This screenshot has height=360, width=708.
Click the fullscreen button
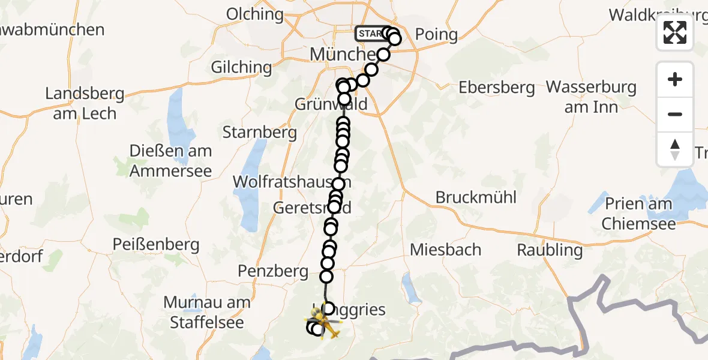point(675,32)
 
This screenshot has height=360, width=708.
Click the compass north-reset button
point(675,149)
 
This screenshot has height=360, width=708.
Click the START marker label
point(370,34)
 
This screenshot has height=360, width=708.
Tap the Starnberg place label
point(260,132)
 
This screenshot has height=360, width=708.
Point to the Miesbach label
point(446,249)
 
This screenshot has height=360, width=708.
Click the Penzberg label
point(272,271)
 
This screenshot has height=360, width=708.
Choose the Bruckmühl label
point(476,197)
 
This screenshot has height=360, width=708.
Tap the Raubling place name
point(550,250)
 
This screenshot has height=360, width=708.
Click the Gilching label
point(241,67)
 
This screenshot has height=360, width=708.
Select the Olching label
point(255,14)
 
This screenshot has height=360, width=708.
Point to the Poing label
point(436,35)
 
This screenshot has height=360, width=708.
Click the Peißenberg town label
point(156,244)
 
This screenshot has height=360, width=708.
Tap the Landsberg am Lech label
point(85,103)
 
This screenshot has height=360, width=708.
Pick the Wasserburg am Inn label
point(591,97)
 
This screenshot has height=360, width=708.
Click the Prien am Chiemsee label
point(639,214)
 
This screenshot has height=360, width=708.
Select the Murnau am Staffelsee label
point(207,312)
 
